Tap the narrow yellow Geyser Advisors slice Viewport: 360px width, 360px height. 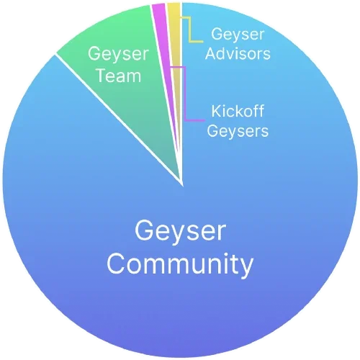point(175,48)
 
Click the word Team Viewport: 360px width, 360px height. point(118,76)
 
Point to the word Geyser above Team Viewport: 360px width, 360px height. point(118,55)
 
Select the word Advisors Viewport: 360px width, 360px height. point(238,53)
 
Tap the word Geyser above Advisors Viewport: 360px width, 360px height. point(238,35)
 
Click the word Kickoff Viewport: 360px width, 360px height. point(238,111)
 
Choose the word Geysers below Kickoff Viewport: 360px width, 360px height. point(238,131)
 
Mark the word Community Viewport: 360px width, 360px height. point(180,264)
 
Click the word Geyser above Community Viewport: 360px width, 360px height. point(181,231)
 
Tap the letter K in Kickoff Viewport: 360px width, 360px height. point(217,111)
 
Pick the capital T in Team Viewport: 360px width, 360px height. point(102,76)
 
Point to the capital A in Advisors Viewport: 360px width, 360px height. point(212,53)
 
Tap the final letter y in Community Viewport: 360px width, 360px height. point(246,268)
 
